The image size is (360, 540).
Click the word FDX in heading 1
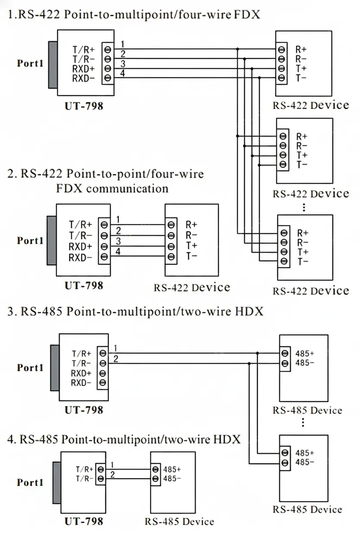click(247, 14)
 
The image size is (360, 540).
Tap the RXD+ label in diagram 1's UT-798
click(84, 69)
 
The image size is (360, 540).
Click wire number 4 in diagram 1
click(122, 73)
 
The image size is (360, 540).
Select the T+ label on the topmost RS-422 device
click(301, 68)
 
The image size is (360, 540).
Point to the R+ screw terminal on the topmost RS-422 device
click(281, 49)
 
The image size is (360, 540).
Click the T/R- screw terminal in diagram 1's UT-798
click(108, 59)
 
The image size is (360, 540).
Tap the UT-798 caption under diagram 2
click(84, 286)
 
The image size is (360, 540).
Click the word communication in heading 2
click(127, 189)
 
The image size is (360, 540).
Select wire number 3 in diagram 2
click(118, 241)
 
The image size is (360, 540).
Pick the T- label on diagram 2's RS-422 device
click(191, 256)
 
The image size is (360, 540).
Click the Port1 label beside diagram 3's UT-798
click(30, 367)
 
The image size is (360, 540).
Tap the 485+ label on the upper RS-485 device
click(305, 354)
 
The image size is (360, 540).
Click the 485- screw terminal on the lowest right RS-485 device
click(285, 463)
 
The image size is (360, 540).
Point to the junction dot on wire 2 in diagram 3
click(249, 363)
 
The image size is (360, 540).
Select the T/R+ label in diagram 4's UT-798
click(84, 469)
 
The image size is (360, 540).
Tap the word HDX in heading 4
click(227, 439)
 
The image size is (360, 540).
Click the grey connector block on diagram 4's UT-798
click(57, 483)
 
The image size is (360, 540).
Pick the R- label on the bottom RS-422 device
click(302, 242)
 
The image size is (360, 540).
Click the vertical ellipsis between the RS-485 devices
click(303, 422)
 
